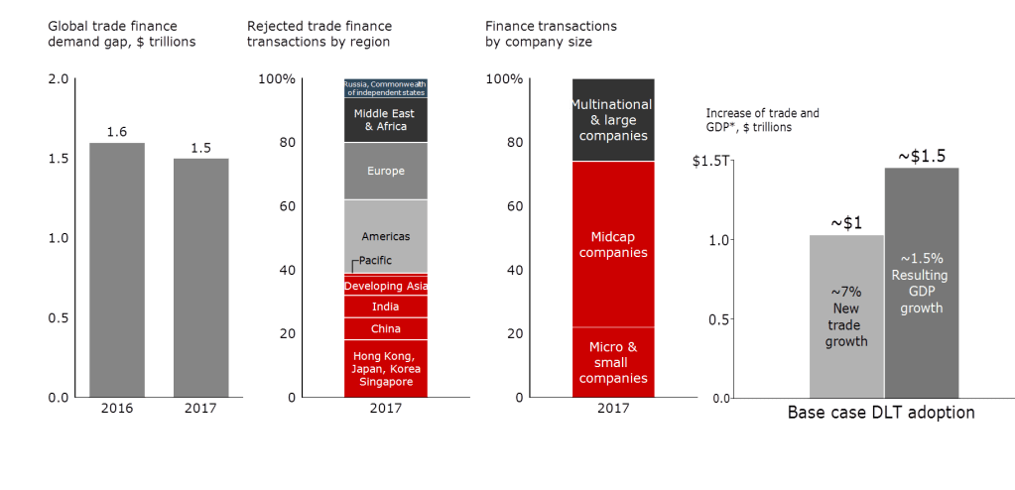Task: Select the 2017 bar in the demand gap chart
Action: [x=199, y=278]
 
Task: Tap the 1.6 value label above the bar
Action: [x=117, y=132]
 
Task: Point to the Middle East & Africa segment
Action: [x=385, y=120]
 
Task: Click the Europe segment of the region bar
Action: [x=385, y=172]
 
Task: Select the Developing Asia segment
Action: [x=385, y=286]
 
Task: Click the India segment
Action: [x=385, y=306]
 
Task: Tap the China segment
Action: [x=385, y=328]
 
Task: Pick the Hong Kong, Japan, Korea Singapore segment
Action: [x=385, y=369]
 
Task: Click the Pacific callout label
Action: [x=375, y=261]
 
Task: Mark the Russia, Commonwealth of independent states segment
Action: [x=385, y=87]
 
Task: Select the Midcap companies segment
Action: [x=613, y=244]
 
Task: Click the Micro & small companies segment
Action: [x=613, y=362]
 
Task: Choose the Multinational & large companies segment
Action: [x=613, y=119]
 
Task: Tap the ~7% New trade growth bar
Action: [x=845, y=315]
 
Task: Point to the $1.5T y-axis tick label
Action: [x=710, y=162]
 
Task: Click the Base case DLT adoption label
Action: [x=881, y=413]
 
